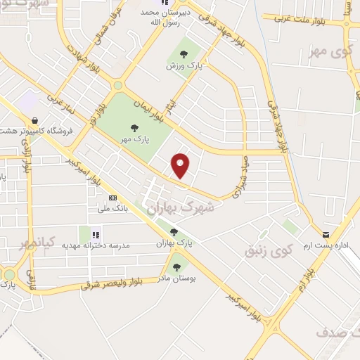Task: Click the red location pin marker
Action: pyautogui.click(x=181, y=165)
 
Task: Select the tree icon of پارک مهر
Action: pyautogui.click(x=134, y=128)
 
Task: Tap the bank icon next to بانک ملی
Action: pyautogui.click(x=112, y=199)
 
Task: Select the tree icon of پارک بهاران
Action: pyautogui.click(x=174, y=233)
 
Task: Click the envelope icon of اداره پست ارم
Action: pyautogui.click(x=325, y=235)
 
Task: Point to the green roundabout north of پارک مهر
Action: pyautogui.click(x=117, y=86)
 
